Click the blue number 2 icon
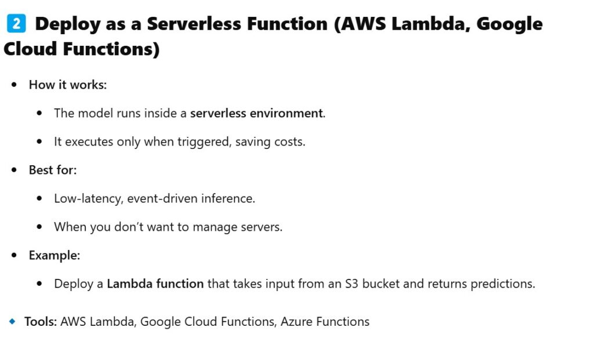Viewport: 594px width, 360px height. pos(16,23)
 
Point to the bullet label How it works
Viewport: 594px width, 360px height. pos(68,85)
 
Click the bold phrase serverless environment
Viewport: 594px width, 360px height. pos(256,113)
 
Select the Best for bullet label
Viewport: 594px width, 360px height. pos(53,170)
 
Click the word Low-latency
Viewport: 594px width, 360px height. pos(89,199)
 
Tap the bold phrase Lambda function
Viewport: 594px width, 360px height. pos(155,284)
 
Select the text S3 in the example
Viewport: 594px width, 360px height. pos(352,284)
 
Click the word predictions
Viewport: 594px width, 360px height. pos(503,284)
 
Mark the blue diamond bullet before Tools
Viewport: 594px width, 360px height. pos(13,321)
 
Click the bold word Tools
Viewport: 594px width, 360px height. pos(41,322)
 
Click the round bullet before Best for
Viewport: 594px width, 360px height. pos(15,170)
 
